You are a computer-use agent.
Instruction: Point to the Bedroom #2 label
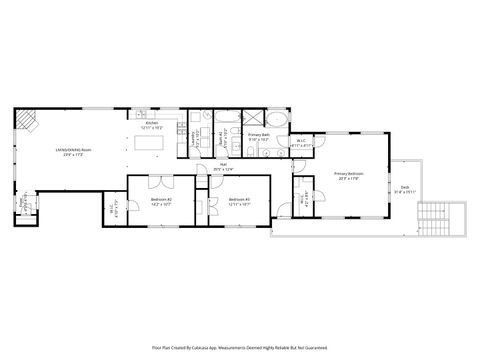click(162, 199)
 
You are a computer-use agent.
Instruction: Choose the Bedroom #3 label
click(239, 199)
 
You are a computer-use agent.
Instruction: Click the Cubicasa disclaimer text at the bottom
click(240, 348)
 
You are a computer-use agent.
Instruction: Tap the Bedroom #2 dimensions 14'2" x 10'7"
click(162, 203)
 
